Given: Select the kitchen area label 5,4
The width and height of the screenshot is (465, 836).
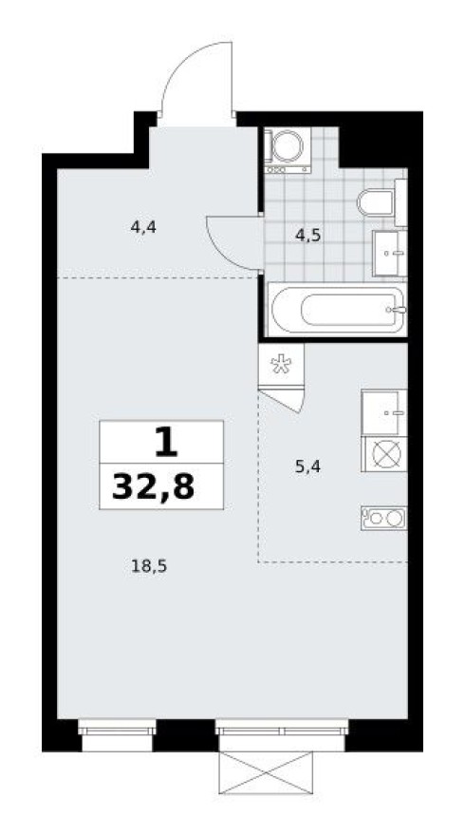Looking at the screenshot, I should [x=309, y=466].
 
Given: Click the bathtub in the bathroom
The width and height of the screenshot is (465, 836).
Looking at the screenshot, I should [x=337, y=309].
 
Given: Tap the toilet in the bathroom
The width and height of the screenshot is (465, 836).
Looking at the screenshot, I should [x=381, y=202].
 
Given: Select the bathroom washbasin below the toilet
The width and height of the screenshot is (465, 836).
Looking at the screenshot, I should [x=389, y=252].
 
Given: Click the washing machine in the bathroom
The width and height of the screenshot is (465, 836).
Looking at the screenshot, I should [x=288, y=148].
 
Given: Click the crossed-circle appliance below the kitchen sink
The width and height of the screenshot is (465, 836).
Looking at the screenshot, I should [x=383, y=455].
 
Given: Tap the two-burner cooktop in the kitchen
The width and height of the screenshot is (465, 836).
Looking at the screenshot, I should [x=383, y=518].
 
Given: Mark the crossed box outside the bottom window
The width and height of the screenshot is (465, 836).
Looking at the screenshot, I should [x=266, y=771].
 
